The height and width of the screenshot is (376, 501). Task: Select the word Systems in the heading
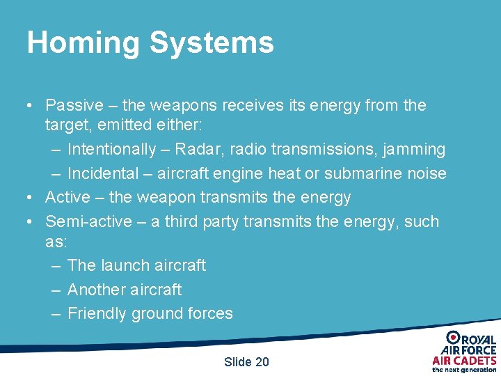coord(212,43)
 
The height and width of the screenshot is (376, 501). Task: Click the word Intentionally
coord(112,149)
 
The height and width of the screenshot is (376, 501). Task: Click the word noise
coord(427,173)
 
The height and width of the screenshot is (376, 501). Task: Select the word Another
coord(96,290)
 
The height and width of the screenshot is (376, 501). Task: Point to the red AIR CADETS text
coord(464,360)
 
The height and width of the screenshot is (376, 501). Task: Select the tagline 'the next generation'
coord(464,370)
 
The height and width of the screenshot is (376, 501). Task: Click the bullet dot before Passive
coord(30,107)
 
